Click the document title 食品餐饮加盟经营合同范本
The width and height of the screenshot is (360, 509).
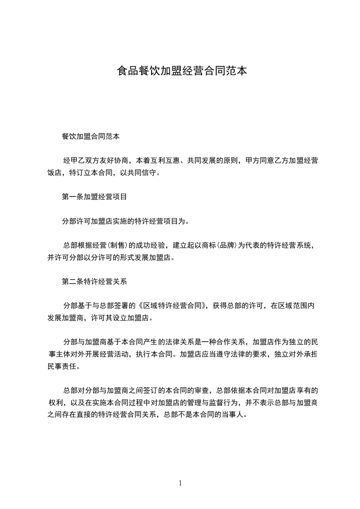(182, 71)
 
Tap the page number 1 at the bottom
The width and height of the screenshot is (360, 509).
(180, 483)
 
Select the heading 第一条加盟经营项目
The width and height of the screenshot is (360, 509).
(94, 197)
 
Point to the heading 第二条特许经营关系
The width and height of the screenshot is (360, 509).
(94, 281)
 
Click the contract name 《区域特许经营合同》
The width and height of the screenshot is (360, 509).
(173, 305)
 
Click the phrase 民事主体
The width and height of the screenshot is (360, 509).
(74, 354)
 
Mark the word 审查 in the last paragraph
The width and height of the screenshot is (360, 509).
(202, 390)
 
